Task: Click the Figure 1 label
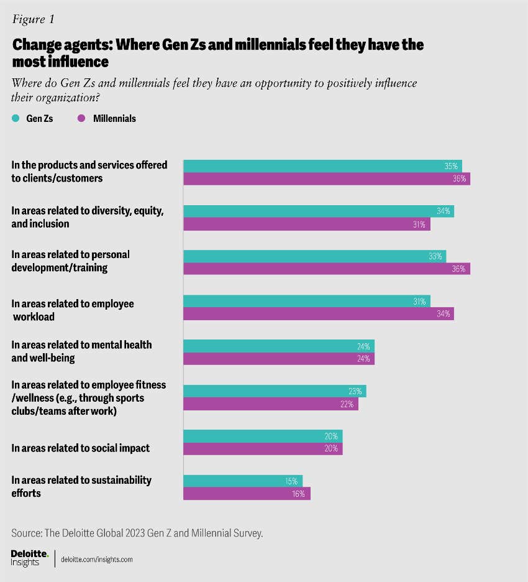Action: click(x=33, y=19)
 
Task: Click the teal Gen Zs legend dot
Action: click(x=16, y=118)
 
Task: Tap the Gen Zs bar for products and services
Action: click(x=322, y=166)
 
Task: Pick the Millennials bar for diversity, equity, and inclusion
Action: click(x=306, y=224)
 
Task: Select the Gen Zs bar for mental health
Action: click(x=279, y=346)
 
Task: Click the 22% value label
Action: click(x=347, y=404)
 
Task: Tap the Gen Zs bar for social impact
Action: click(x=263, y=436)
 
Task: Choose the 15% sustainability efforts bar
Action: click(x=242, y=481)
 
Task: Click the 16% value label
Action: click(x=298, y=494)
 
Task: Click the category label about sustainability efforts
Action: click(x=82, y=486)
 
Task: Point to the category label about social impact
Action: click(x=81, y=448)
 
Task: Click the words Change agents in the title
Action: click(x=53, y=45)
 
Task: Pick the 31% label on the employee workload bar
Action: click(x=419, y=302)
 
